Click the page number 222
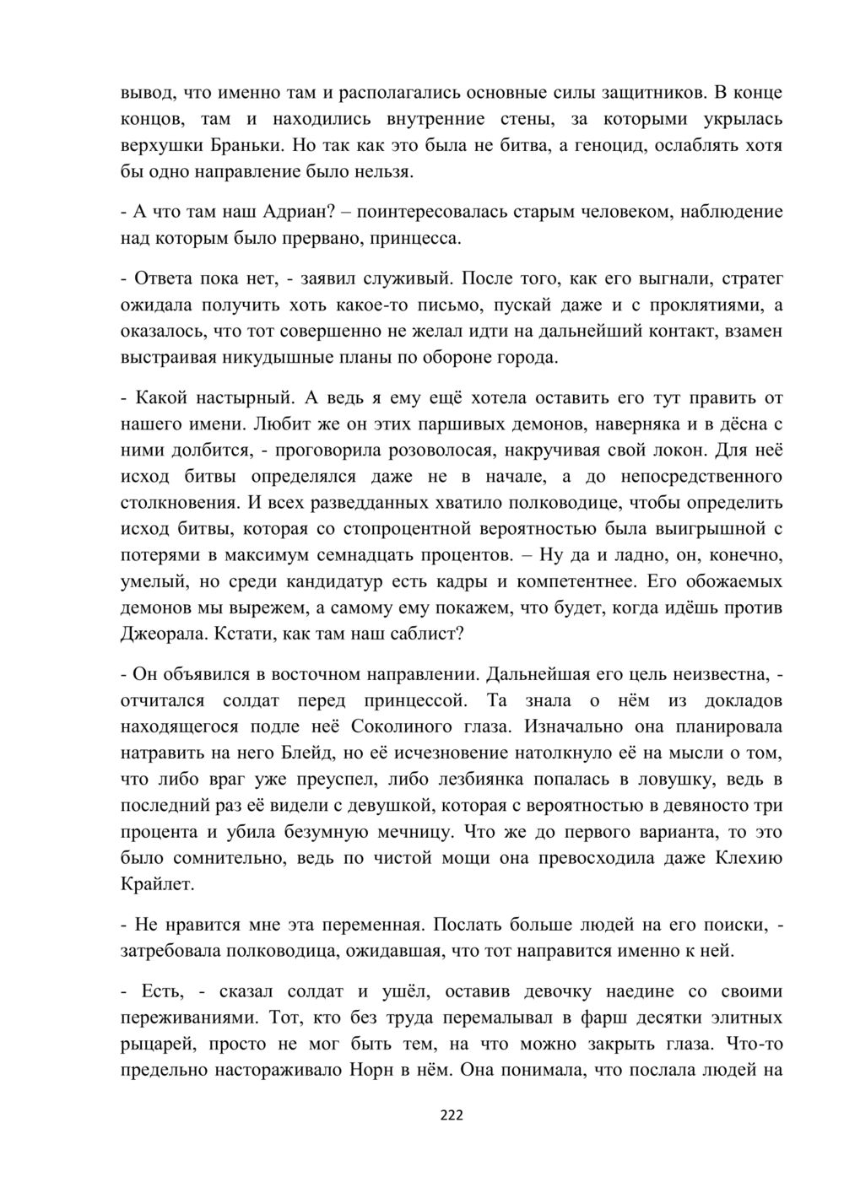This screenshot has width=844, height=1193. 452,1116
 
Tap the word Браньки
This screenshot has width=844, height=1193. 246,145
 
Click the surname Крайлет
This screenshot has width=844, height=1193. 158,886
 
